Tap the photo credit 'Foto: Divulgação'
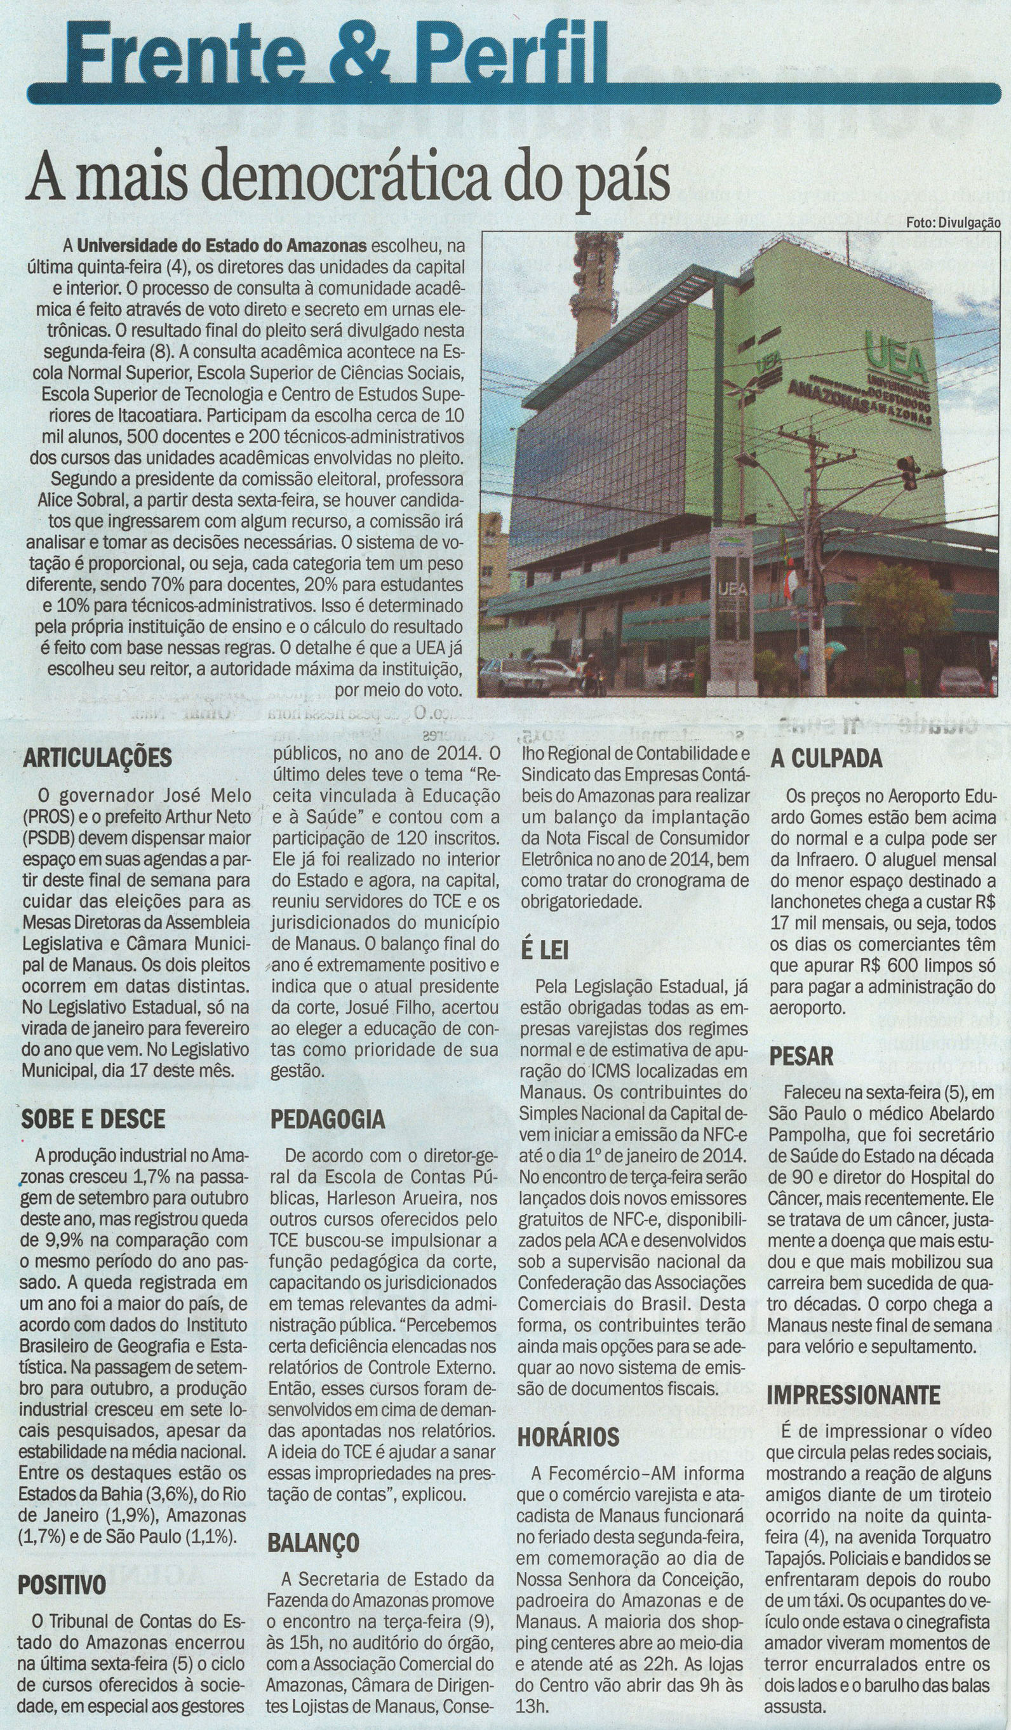click(x=952, y=222)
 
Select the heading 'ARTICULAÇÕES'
click(x=97, y=758)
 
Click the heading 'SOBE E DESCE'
click(x=93, y=1118)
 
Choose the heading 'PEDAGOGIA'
click(x=328, y=1119)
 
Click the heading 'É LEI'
click(x=545, y=950)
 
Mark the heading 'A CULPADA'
click(x=826, y=758)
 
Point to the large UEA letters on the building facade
click(x=895, y=354)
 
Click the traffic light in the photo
click(x=908, y=473)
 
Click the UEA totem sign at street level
click(x=732, y=604)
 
